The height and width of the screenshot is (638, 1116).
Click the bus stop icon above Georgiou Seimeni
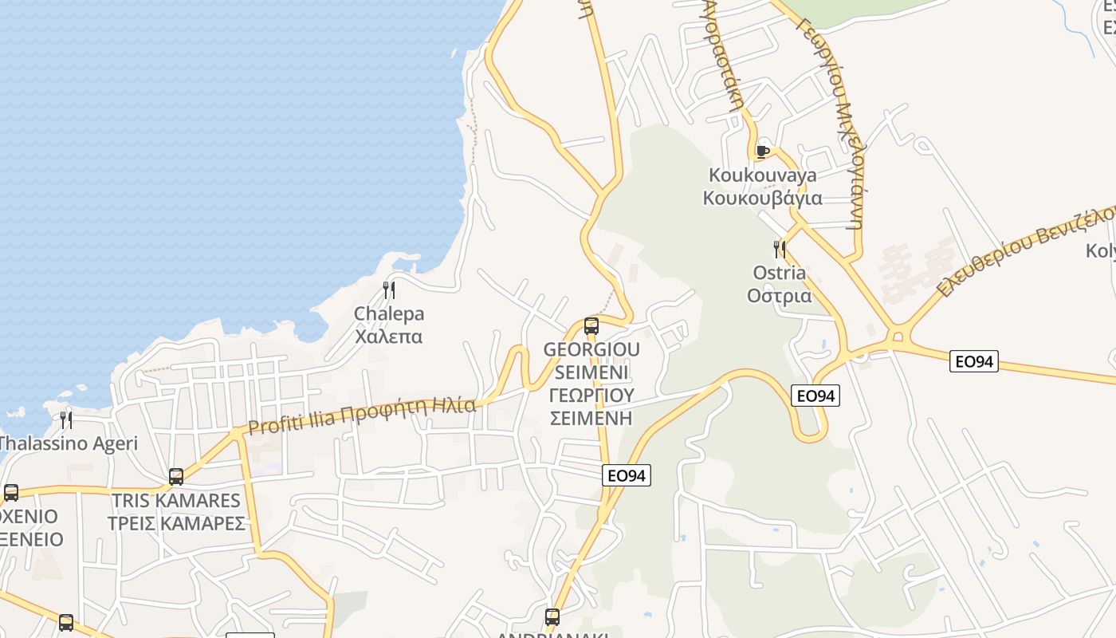tap(591, 325)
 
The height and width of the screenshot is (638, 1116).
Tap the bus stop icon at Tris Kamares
tap(176, 477)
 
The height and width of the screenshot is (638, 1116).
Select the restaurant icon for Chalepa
tap(389, 289)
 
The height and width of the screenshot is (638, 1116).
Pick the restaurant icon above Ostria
tap(779, 249)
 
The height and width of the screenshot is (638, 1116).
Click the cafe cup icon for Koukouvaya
tap(762, 151)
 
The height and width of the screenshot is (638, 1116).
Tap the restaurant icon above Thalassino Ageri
tap(66, 419)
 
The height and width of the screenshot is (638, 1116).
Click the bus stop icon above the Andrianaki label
tap(552, 616)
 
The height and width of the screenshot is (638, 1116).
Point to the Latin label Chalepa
tap(389, 313)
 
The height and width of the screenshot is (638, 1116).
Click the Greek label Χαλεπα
tap(389, 337)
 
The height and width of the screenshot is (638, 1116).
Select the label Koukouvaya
tap(763, 175)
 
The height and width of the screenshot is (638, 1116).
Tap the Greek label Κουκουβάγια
tap(763, 198)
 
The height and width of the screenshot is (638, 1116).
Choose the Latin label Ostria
tap(779, 273)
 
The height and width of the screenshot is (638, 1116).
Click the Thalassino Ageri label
tap(69, 443)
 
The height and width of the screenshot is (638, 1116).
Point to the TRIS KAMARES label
tap(176, 501)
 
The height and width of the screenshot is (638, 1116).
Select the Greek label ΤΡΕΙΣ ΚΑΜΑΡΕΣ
tap(176, 524)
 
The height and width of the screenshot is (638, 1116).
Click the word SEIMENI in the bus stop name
tap(591, 372)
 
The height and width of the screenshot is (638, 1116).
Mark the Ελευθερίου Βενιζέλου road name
tap(1028, 250)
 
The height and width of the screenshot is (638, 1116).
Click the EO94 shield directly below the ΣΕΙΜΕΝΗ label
tap(627, 475)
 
